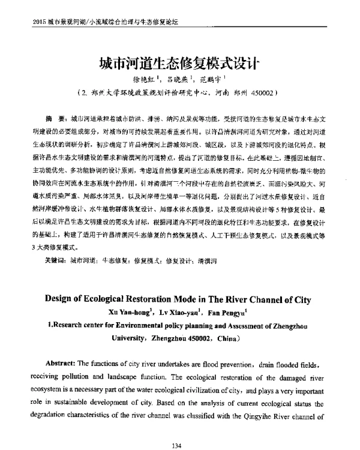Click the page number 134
(x=176, y=428)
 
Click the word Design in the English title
(x=64, y=299)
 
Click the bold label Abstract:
(x=68, y=364)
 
